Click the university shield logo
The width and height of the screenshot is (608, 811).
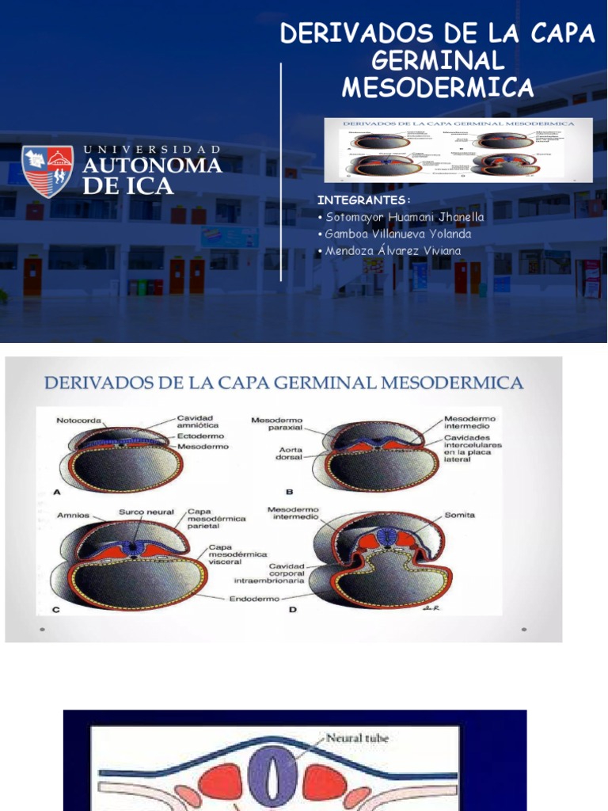(x=47, y=171)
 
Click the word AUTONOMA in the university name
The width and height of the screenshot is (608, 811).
(x=152, y=166)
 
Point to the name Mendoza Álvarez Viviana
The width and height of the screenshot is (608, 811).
(x=393, y=251)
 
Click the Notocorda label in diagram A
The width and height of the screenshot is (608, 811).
(x=78, y=421)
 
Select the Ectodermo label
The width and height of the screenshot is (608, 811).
(x=200, y=436)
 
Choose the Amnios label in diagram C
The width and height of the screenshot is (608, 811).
(x=73, y=515)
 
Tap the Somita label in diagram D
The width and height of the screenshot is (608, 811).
(x=460, y=515)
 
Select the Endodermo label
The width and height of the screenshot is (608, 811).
(x=255, y=599)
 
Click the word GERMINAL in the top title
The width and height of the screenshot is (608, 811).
(x=438, y=60)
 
